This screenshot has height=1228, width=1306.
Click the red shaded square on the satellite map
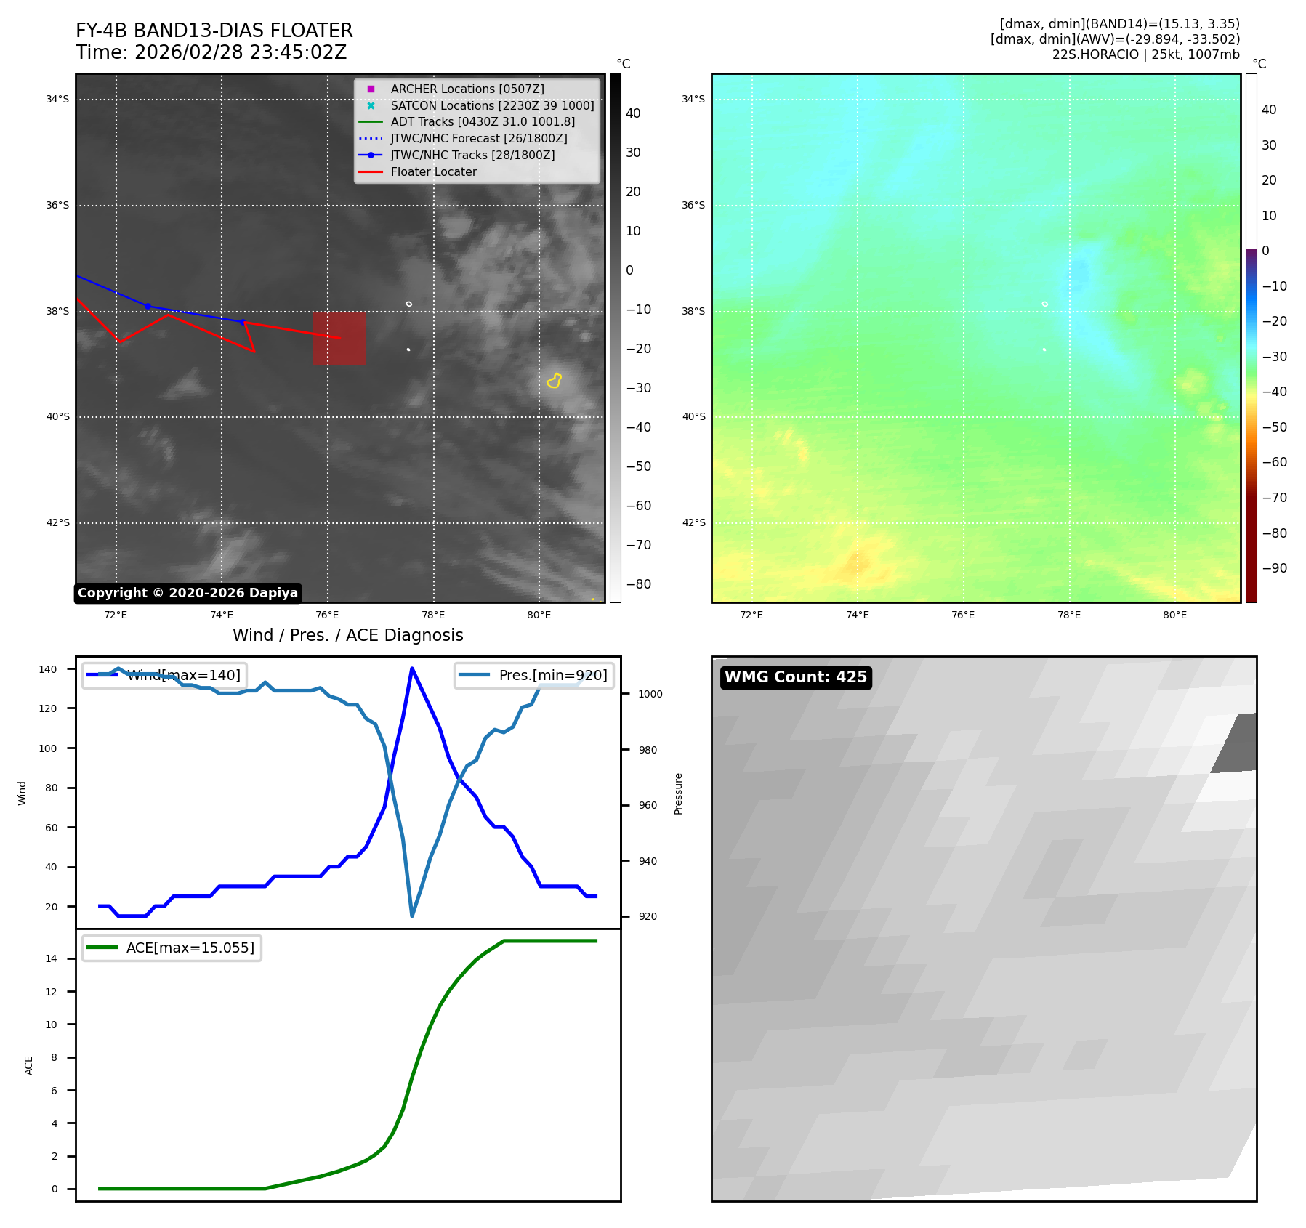coord(339,338)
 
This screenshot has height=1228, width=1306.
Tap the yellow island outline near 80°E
coord(555,381)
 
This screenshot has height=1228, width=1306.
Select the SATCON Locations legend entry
coord(492,105)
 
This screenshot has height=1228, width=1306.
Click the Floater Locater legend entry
coord(433,171)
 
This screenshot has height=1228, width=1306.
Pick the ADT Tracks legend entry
coord(482,121)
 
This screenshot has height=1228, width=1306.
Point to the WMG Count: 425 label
coord(795,677)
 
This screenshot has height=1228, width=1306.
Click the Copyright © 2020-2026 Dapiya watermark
coord(188,593)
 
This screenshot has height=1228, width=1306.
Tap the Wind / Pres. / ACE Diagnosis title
coord(347,635)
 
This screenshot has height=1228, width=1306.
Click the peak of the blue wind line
coord(412,668)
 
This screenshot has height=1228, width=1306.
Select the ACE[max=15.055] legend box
coord(172,948)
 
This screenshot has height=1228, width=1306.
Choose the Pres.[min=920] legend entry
coord(534,675)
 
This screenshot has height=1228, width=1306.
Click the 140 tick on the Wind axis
coord(48,669)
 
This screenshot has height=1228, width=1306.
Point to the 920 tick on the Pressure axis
coord(648,916)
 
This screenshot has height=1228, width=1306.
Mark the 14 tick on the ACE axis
coord(52,958)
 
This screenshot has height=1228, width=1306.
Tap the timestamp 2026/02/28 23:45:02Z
coord(241,52)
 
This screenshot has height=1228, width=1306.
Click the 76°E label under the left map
coord(327,615)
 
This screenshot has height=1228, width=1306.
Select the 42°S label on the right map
coord(693,522)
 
